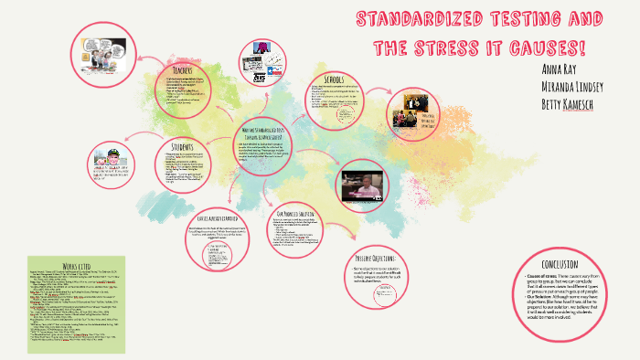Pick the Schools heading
coord(327,79)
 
